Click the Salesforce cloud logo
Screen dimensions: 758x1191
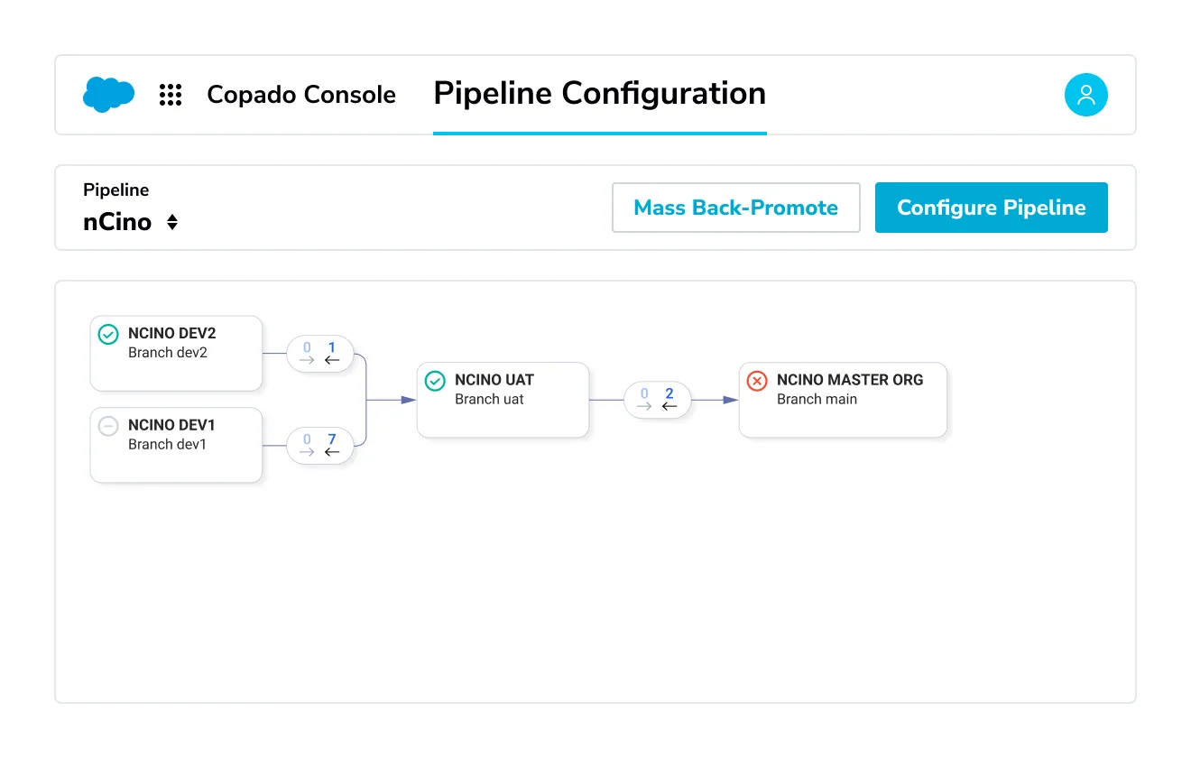point(108,94)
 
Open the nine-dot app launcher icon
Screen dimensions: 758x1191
point(171,95)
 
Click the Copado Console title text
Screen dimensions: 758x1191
point(300,95)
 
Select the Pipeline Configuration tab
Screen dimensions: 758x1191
point(599,94)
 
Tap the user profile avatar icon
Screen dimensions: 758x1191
point(1085,95)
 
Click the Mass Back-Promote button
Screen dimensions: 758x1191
point(735,208)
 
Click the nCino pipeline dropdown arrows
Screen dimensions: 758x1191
point(172,222)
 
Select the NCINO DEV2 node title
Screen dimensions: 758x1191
point(171,334)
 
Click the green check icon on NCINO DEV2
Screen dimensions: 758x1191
point(108,335)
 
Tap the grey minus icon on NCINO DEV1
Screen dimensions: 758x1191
point(108,427)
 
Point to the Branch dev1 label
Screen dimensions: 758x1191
point(167,445)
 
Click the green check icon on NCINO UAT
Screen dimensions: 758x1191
point(435,382)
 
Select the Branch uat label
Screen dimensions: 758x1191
point(489,400)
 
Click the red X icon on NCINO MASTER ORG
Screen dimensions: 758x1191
point(757,382)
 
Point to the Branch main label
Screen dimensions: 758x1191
point(817,400)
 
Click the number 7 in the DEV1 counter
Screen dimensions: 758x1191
point(332,439)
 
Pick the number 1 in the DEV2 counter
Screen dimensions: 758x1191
point(332,347)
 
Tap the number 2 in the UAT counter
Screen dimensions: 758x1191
point(669,393)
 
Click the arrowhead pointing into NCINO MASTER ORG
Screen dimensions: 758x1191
point(731,400)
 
